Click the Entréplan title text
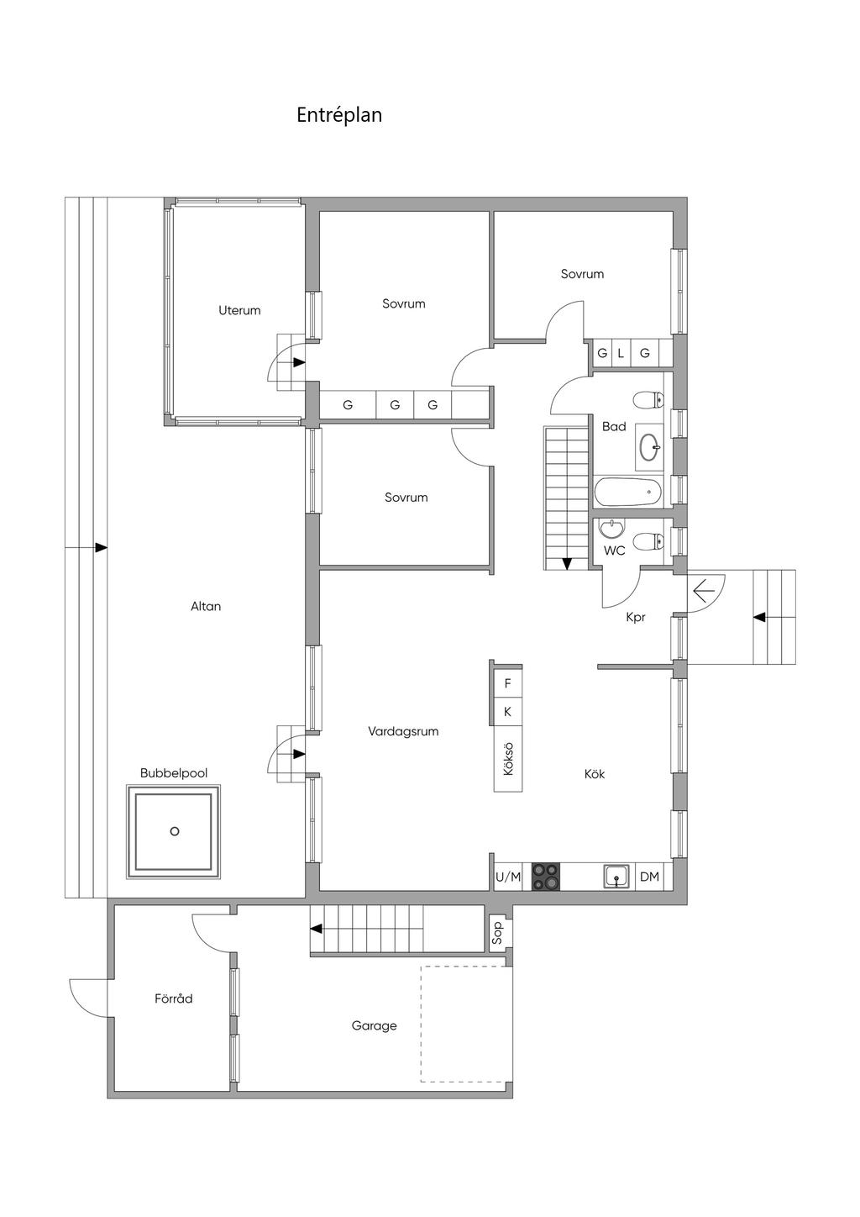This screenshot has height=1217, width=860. tap(339, 115)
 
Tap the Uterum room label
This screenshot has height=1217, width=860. tap(239, 310)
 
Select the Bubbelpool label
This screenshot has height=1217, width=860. tap(174, 773)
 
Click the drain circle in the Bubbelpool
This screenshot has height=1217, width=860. tap(175, 831)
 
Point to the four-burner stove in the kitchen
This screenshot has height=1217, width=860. tap(546, 877)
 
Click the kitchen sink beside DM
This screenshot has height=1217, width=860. tap(616, 877)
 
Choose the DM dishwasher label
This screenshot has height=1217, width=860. tap(650, 877)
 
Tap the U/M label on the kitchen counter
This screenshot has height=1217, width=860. tap(507, 877)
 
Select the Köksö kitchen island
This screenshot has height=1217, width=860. tap(508, 759)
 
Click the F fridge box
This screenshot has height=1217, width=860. tap(508, 683)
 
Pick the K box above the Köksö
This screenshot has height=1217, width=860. tap(508, 712)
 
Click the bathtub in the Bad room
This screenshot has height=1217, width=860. tap(628, 493)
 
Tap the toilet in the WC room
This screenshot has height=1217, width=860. tap(648, 541)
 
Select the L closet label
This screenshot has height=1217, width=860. tap(621, 353)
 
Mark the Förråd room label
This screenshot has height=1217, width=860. tap(174, 998)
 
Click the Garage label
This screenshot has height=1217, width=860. tap(374, 1025)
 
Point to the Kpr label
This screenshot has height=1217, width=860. tap(636, 618)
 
